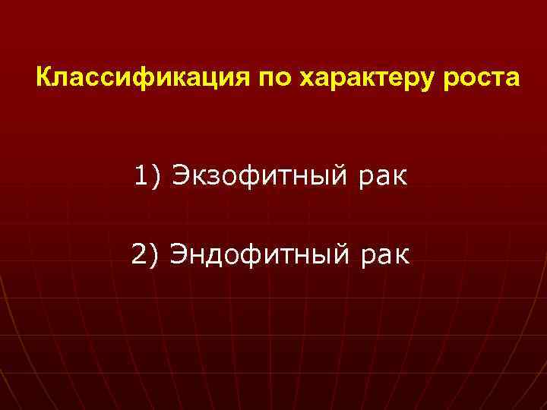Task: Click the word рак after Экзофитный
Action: tap(384, 177)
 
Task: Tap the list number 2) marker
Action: tap(145, 253)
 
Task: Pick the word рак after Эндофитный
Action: tap(385, 253)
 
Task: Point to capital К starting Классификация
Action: tap(44, 78)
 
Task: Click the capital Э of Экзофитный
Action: tap(181, 177)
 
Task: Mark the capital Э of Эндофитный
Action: tap(179, 253)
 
